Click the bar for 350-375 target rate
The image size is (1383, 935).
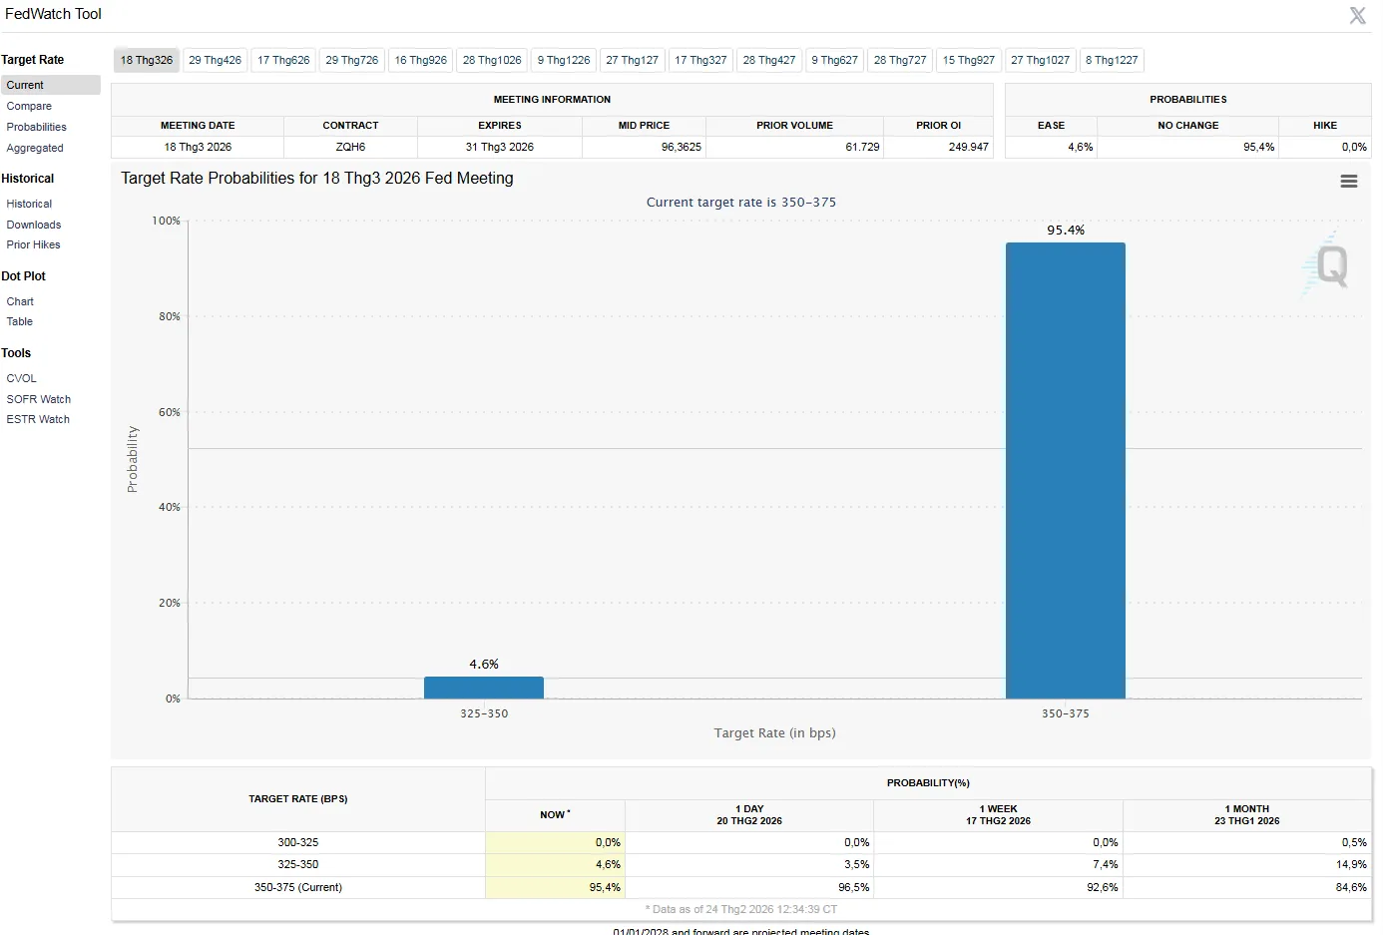(x=1065, y=471)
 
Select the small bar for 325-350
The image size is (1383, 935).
(x=483, y=688)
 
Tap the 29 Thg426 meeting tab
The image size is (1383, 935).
(x=215, y=60)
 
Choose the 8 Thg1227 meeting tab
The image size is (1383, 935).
(x=1112, y=60)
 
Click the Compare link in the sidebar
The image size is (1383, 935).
(x=29, y=106)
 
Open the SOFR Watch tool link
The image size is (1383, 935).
(x=38, y=399)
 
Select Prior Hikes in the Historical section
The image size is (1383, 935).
(x=33, y=244)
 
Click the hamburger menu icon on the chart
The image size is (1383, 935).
(x=1349, y=181)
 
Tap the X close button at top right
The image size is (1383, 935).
(x=1357, y=15)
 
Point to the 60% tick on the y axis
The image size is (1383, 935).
(x=170, y=412)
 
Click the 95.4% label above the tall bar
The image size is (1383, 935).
(x=1066, y=230)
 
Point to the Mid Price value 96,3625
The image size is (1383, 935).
(x=681, y=147)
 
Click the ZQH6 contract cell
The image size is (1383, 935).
(x=350, y=147)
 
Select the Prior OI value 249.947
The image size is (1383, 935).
(x=968, y=147)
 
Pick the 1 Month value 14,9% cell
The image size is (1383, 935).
(x=1351, y=864)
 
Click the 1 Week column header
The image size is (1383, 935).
(x=998, y=814)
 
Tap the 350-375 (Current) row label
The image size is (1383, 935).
(x=298, y=887)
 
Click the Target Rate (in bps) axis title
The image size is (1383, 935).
(x=775, y=733)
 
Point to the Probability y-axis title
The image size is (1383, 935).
(x=132, y=459)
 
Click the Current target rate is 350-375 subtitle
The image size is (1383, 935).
(x=740, y=202)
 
